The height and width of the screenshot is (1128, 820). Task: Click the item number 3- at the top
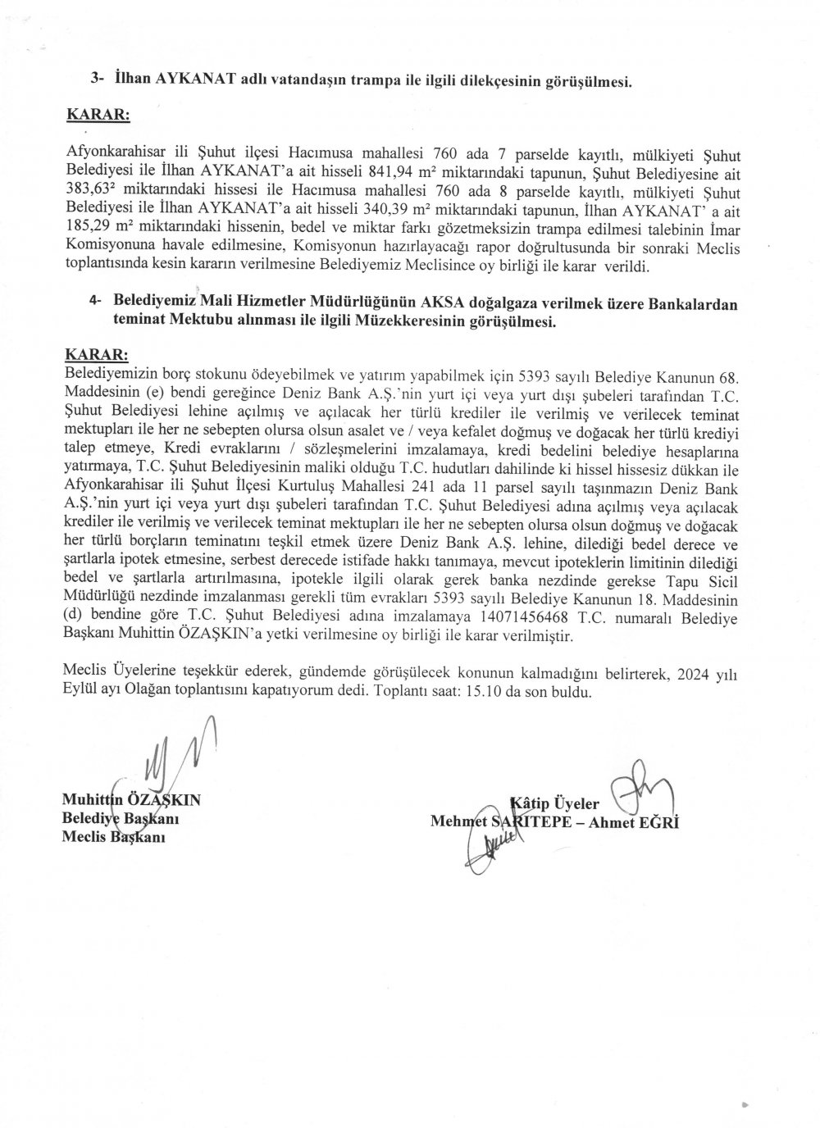coord(98,80)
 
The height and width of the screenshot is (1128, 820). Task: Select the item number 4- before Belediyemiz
coord(96,304)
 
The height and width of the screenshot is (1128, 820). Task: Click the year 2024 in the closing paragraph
coord(690,674)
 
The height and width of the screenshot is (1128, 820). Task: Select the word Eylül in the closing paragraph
coord(80,691)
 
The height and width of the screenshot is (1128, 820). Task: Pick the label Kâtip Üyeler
coord(555,803)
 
